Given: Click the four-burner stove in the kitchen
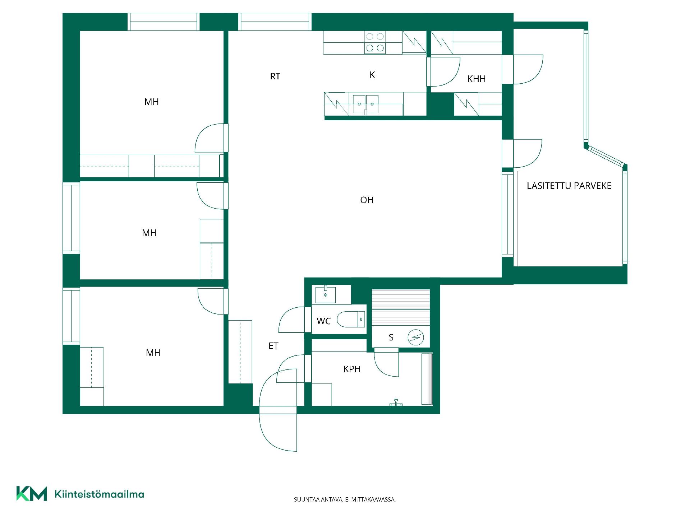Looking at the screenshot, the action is (375, 42).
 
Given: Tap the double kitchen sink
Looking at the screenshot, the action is (365, 104).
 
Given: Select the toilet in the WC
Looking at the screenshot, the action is (351, 319).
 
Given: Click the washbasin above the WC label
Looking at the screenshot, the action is (326, 294).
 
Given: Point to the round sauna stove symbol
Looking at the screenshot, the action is (416, 337).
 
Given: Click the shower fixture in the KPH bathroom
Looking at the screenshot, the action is (396, 403).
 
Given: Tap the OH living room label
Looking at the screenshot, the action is (367, 200).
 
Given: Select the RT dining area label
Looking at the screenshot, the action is (275, 76).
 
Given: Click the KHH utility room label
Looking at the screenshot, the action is (476, 79).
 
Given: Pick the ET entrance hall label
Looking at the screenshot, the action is (273, 346).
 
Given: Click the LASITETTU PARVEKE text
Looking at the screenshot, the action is (569, 186).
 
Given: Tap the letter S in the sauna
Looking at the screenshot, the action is (391, 337).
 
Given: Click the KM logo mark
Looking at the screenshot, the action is (32, 494).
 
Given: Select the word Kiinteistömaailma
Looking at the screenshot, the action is (99, 494).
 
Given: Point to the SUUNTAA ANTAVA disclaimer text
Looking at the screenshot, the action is (345, 499).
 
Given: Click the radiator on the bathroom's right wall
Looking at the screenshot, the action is (427, 379).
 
